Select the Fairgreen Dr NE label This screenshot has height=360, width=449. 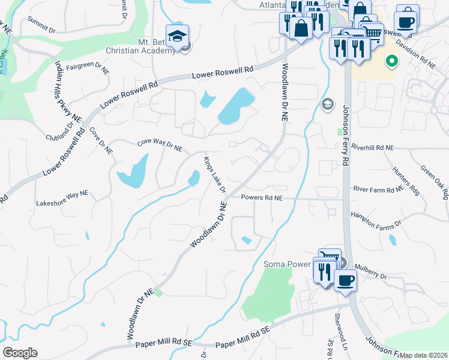tap(88, 68)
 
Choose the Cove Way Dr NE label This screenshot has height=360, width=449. tap(160, 144)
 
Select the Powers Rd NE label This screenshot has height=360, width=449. tap(261, 197)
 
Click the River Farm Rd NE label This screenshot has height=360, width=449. tap(378, 190)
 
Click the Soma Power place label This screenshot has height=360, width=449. tap(286, 264)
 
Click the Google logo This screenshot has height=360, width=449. tap(20, 353)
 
